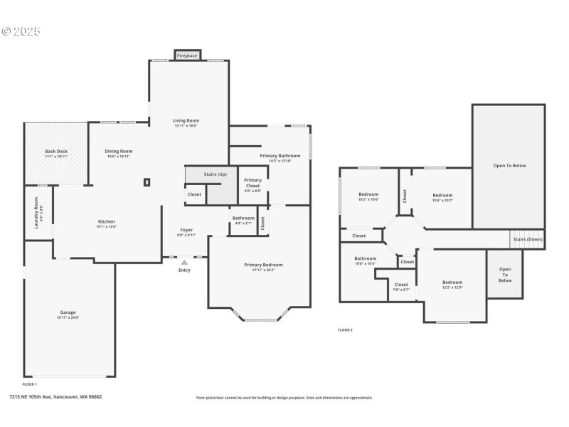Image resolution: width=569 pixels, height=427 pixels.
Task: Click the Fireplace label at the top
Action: point(187,56)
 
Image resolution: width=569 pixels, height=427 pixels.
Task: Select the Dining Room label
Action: point(119,151)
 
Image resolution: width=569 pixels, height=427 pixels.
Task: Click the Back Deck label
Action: point(55,151)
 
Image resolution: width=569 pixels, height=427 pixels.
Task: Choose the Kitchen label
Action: point(107,221)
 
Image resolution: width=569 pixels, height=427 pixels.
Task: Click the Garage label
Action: point(68,312)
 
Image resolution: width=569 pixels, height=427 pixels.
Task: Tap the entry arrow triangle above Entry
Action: point(184,262)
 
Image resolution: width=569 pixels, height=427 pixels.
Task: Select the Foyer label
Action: point(186,230)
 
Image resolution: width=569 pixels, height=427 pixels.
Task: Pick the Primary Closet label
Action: point(253,183)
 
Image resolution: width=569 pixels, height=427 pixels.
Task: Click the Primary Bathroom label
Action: point(280,155)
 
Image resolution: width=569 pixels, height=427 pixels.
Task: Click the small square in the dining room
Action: point(147,182)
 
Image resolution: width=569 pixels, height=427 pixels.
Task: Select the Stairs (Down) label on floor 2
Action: point(527,239)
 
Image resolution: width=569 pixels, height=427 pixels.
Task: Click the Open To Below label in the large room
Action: point(509,165)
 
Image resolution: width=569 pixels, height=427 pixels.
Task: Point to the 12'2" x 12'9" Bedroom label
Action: point(452,282)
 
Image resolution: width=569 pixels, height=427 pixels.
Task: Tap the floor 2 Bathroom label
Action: point(366,258)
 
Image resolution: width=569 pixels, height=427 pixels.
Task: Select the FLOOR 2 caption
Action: point(345,330)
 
